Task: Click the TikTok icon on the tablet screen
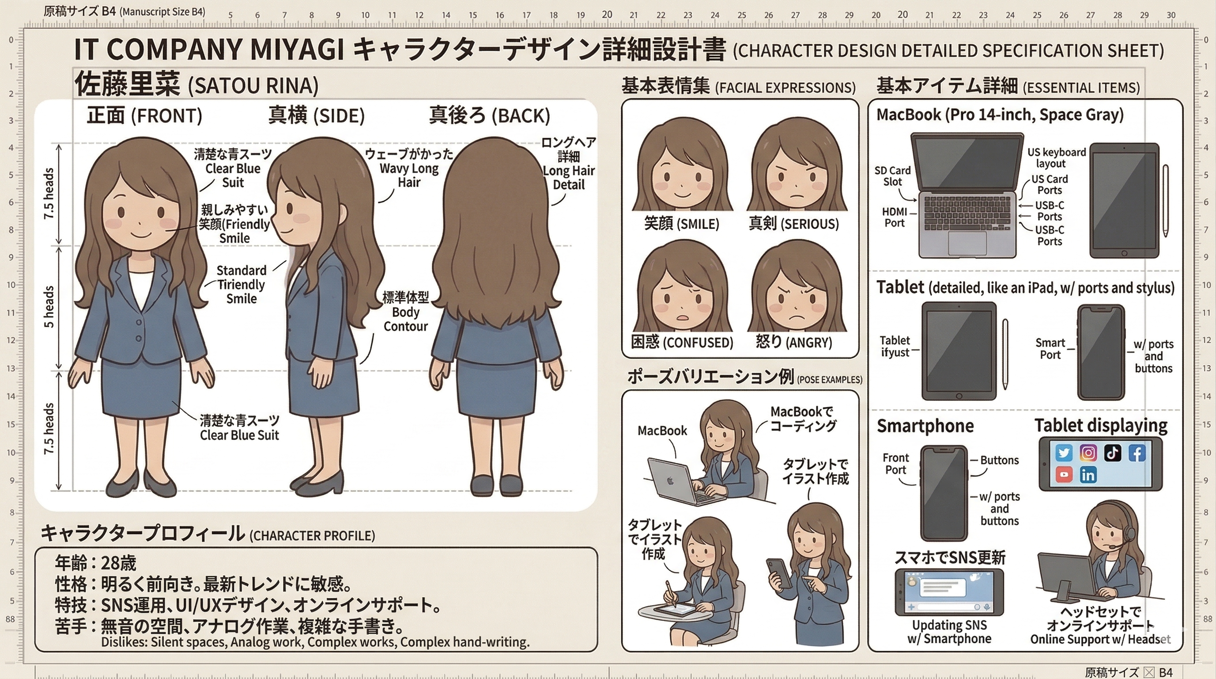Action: tap(1112, 453)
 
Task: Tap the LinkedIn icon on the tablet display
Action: tap(1088, 475)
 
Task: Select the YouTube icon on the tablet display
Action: tap(1064, 474)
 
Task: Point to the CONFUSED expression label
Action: tap(682, 342)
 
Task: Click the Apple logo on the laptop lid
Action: tap(669, 481)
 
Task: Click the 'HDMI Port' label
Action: tap(894, 217)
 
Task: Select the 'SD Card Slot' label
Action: tap(892, 176)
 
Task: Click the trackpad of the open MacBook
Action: tap(967, 242)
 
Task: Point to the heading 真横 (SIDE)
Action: tap(316, 115)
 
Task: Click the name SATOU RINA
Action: tap(253, 85)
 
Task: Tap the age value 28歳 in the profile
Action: tap(118, 563)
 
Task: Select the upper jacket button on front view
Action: tap(139, 322)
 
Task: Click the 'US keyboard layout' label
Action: tap(1057, 158)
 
